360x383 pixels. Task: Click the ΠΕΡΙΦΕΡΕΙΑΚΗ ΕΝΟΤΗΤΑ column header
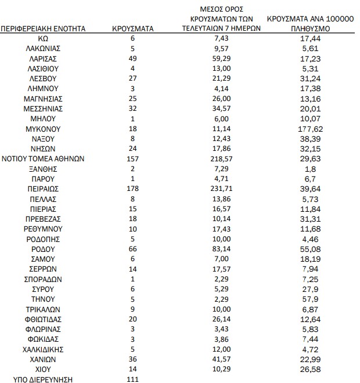click(x=44, y=27)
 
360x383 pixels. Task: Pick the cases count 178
click(x=132, y=189)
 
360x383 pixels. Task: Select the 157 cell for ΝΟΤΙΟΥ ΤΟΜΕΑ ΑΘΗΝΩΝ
click(x=132, y=158)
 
